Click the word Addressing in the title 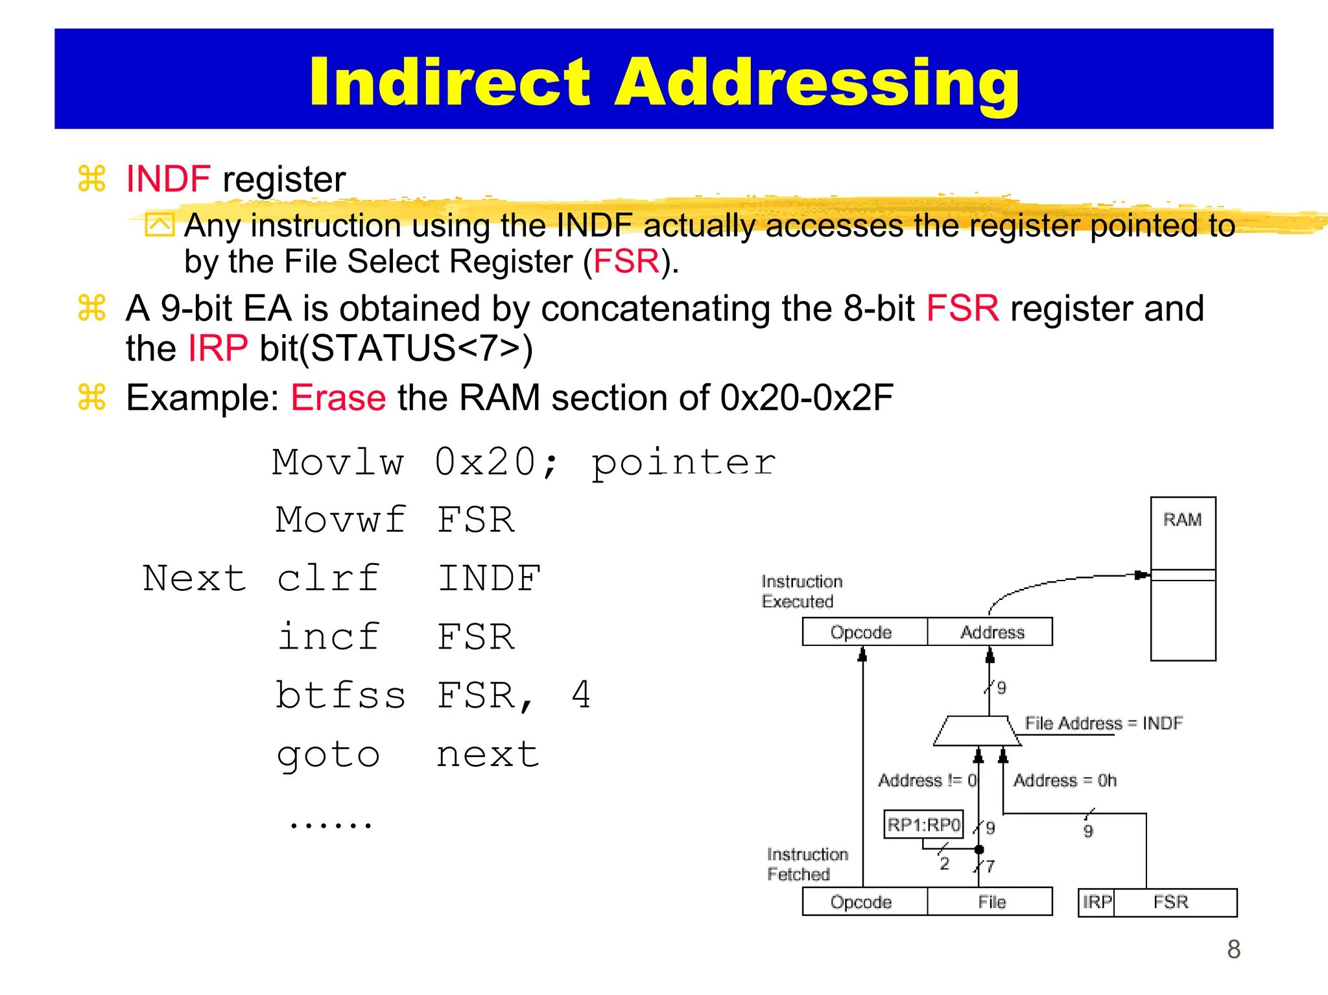[817, 82]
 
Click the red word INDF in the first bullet [168, 179]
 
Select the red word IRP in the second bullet [217, 348]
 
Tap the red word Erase [338, 398]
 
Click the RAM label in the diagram [1182, 520]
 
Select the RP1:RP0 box [923, 824]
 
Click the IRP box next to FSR [1097, 902]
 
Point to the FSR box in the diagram [1171, 902]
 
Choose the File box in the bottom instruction [991, 902]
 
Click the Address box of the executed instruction [991, 632]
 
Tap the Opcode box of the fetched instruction [861, 902]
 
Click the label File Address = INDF [1103, 723]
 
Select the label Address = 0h [1065, 780]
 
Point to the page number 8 [1233, 950]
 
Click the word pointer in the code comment [683, 463]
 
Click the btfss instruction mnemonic [340, 695]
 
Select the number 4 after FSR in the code [581, 695]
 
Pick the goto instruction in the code [328, 754]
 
